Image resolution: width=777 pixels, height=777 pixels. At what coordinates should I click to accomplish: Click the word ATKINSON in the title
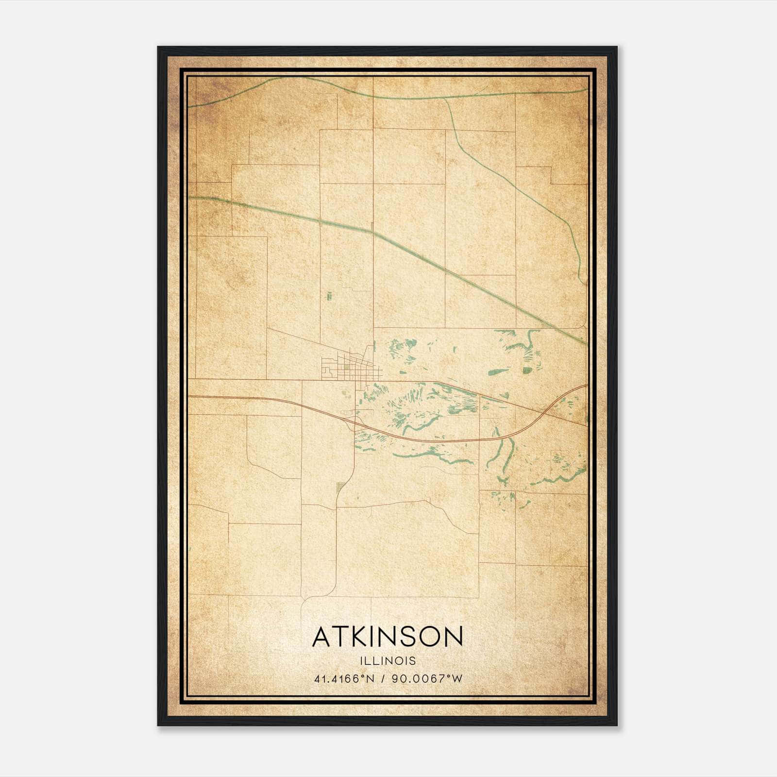coord(388,637)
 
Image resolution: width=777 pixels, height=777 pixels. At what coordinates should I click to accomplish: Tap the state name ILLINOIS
coord(388,661)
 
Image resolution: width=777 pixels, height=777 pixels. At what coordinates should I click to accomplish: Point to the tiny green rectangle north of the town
coord(329,295)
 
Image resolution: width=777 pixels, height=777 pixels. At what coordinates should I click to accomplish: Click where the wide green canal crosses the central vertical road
coord(373,232)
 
